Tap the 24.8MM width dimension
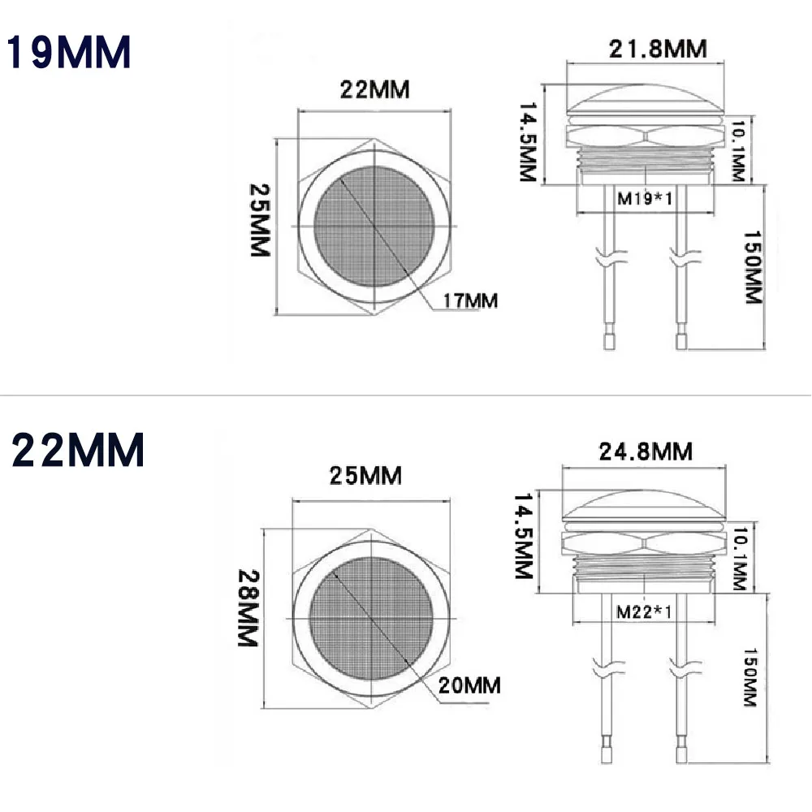[646, 450]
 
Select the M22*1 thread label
[644, 611]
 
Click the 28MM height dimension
[248, 617]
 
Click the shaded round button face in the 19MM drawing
[375, 227]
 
